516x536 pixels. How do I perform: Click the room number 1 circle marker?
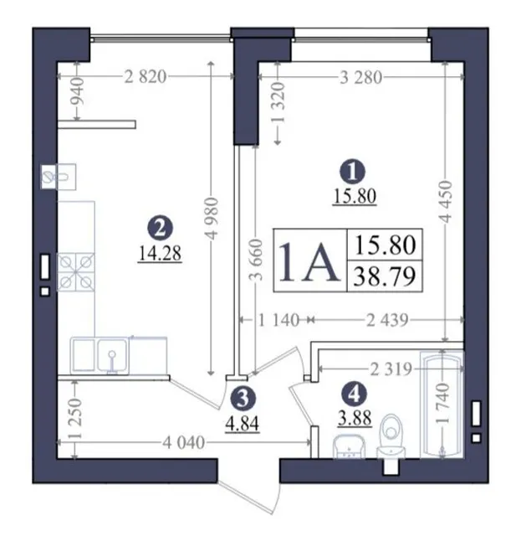click(x=353, y=172)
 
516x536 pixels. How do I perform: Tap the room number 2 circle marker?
click(x=160, y=229)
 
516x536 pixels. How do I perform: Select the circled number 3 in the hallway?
click(x=243, y=399)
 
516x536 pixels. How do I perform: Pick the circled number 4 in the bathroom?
click(x=355, y=394)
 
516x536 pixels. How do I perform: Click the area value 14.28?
click(x=160, y=254)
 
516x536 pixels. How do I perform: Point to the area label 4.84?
click(x=243, y=423)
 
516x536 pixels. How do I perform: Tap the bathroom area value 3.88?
click(x=355, y=418)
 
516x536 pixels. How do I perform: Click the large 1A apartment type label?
click(x=310, y=261)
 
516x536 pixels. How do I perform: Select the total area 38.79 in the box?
click(x=385, y=276)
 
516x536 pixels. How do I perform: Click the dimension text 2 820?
click(x=146, y=77)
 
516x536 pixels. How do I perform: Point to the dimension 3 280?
click(x=361, y=78)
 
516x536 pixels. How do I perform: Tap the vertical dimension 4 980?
click(x=212, y=219)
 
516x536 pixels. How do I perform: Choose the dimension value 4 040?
click(x=184, y=443)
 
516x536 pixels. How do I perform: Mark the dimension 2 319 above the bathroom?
click(x=391, y=369)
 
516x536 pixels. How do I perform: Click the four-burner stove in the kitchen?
click(x=76, y=272)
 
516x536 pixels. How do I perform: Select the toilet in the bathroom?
click(x=391, y=436)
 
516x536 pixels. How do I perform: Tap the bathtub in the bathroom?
click(x=442, y=404)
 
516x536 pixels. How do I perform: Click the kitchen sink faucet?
click(x=112, y=362)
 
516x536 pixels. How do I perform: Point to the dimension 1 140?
click(x=278, y=320)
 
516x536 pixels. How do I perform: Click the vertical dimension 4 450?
click(x=446, y=202)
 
